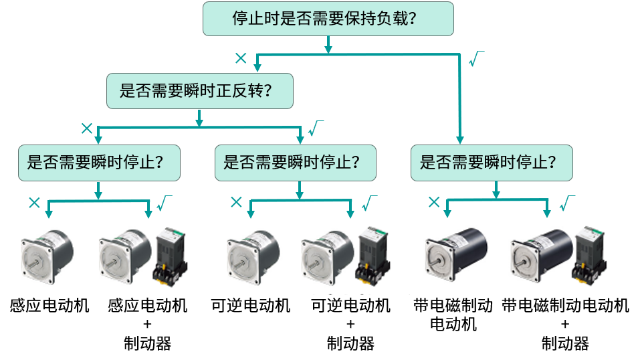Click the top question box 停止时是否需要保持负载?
tap(328, 18)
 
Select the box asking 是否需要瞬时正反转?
tap(199, 91)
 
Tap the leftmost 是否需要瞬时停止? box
tap(99, 163)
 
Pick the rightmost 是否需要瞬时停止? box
tap(492, 163)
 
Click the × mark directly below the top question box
tap(241, 58)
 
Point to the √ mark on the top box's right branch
tap(475, 59)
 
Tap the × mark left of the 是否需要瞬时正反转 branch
tap(86, 128)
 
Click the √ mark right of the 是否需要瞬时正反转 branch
tap(315, 128)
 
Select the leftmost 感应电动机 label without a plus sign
tap(49, 306)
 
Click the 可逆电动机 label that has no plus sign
tap(251, 306)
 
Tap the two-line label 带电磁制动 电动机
tap(453, 314)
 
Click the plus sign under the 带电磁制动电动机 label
tap(565, 325)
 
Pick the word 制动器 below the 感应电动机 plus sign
tap(148, 344)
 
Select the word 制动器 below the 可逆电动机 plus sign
tap(350, 344)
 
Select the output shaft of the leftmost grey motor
tap(30, 263)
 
